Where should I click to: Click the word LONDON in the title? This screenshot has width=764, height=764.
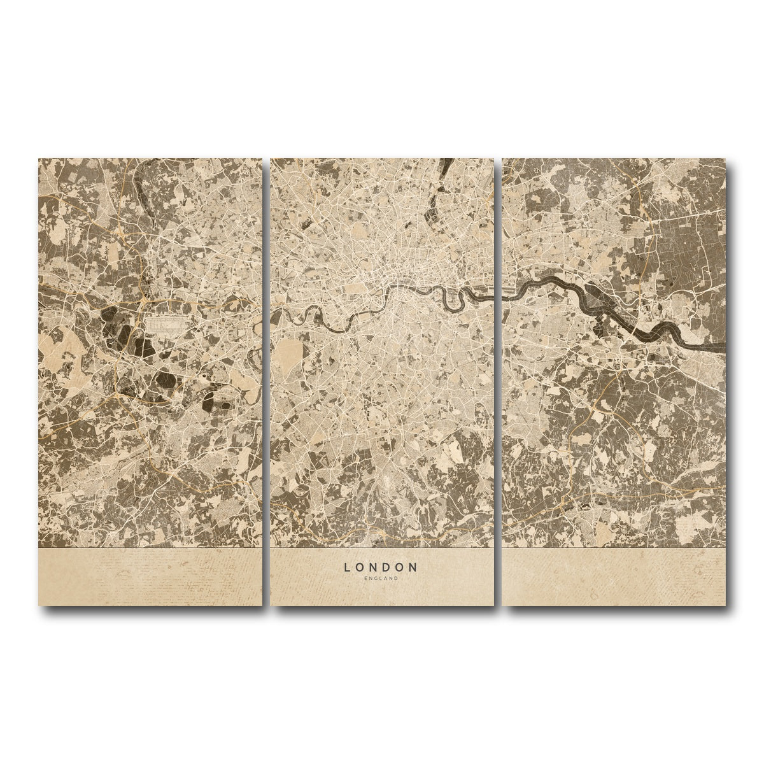(381, 566)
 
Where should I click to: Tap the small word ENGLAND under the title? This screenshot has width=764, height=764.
(381, 578)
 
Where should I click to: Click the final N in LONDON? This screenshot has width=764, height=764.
(414, 566)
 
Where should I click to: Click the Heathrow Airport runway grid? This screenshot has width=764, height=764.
(167, 325)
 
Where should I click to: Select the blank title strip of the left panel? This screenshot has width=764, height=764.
(150, 576)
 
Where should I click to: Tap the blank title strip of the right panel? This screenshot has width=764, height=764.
(614, 576)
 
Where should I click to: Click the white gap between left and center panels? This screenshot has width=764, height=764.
(267, 382)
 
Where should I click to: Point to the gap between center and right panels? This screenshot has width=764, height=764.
(498, 382)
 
